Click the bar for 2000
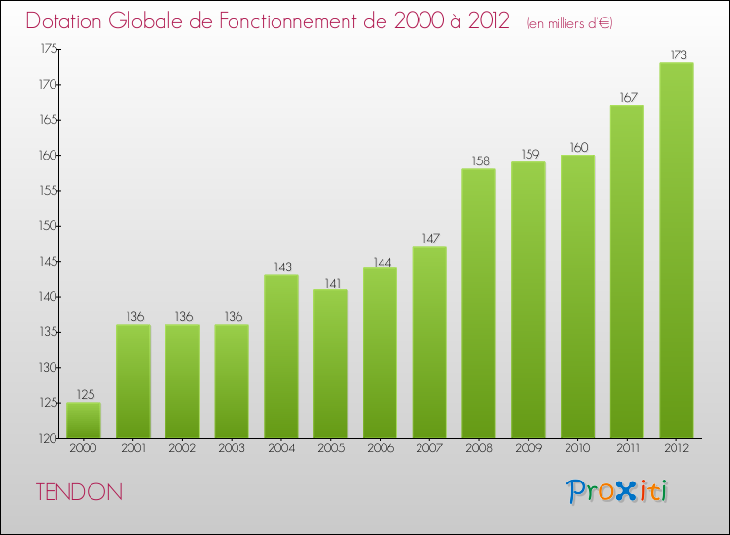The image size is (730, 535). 84,420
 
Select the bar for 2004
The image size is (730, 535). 281,356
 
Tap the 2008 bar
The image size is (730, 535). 479,303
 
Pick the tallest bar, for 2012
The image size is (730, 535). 676,250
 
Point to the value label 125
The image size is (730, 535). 84,395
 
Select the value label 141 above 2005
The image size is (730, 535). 331,282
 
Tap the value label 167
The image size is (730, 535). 627,97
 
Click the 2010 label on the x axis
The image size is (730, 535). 578,449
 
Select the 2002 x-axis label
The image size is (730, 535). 183,449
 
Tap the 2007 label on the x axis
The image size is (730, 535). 429,449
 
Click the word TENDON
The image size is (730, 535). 79,492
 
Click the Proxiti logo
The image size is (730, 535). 618,491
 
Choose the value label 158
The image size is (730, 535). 479,161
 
